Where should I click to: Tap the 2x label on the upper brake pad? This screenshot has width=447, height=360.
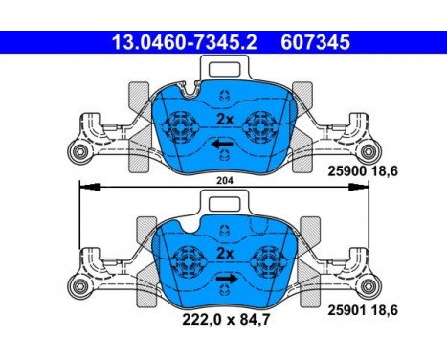click(x=225, y=119)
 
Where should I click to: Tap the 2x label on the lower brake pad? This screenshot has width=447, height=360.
click(x=225, y=254)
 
